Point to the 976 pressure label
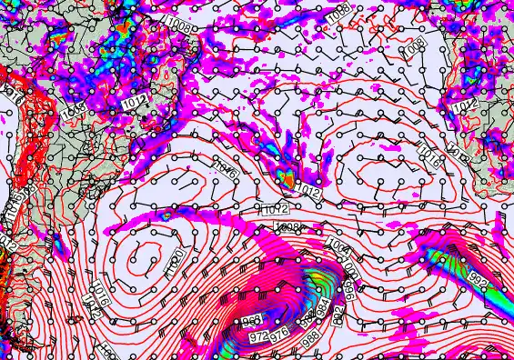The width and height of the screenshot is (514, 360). click(279, 334)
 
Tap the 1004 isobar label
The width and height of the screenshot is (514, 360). click(338, 246)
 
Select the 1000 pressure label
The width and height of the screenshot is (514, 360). click(350, 267)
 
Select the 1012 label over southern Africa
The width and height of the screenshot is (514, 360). click(465, 106)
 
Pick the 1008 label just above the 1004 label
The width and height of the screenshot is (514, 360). click(288, 226)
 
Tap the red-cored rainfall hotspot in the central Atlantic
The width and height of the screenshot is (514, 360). click(287, 179)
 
